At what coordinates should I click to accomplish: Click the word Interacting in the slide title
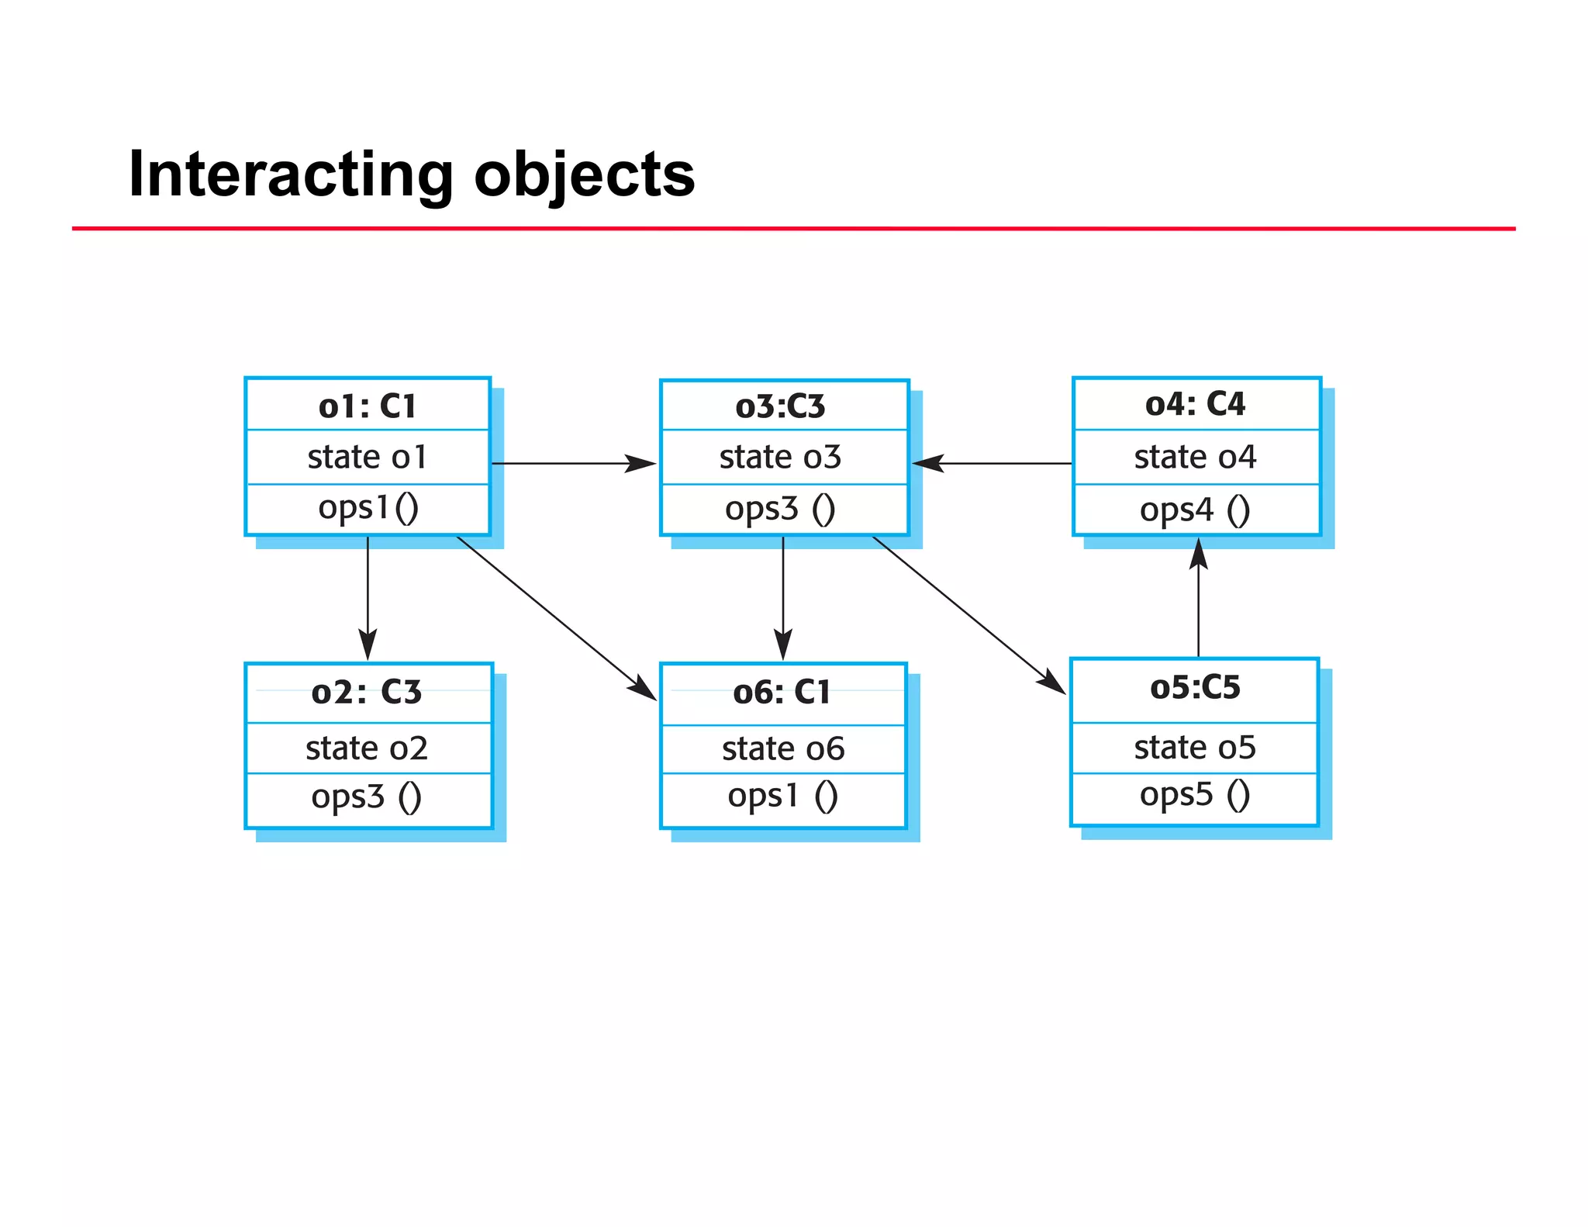click(x=291, y=175)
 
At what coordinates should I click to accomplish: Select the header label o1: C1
click(x=368, y=406)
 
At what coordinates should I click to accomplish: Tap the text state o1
click(x=368, y=457)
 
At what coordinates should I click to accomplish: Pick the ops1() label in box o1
click(x=368, y=508)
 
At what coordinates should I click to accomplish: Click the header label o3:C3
click(x=780, y=406)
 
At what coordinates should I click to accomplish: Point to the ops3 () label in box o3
click(x=780, y=509)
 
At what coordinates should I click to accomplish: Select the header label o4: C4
click(x=1195, y=404)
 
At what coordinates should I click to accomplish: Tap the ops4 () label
click(x=1195, y=510)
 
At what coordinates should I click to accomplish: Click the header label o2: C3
click(x=367, y=692)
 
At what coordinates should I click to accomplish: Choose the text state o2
click(x=367, y=748)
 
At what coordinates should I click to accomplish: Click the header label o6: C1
click(x=782, y=692)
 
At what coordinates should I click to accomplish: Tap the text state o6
click(x=783, y=749)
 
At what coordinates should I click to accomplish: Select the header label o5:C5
click(x=1195, y=687)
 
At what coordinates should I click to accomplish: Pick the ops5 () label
click(x=1195, y=794)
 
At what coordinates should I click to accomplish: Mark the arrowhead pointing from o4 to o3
click(x=928, y=464)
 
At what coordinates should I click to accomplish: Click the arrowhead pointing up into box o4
click(x=1199, y=553)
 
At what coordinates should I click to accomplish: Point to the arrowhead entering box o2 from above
click(x=368, y=645)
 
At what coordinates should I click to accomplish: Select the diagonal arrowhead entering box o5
click(x=1051, y=682)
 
